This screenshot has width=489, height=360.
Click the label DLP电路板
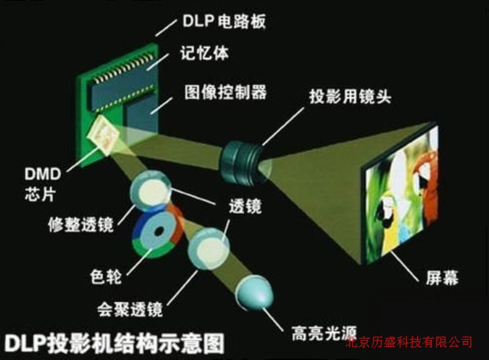[x=224, y=21]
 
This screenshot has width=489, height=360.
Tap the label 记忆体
[x=204, y=53]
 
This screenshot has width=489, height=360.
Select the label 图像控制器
[x=226, y=92]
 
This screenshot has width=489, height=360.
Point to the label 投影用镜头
[x=350, y=96]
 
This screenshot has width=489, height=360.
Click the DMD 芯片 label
[x=43, y=184]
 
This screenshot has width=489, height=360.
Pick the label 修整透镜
[x=81, y=224]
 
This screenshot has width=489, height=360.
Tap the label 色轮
[x=106, y=276]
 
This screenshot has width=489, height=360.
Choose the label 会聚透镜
[x=130, y=309]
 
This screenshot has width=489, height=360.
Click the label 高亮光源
[x=325, y=333]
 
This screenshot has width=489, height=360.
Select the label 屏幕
[x=442, y=277]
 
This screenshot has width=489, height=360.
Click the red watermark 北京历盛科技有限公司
[x=409, y=342]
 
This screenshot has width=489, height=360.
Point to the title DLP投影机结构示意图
[x=114, y=343]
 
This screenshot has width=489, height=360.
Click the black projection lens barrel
[x=240, y=162]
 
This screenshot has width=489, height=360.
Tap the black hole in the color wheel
[x=159, y=232]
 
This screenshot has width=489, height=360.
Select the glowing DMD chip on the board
[x=104, y=135]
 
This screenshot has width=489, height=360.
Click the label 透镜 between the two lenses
[x=245, y=206]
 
